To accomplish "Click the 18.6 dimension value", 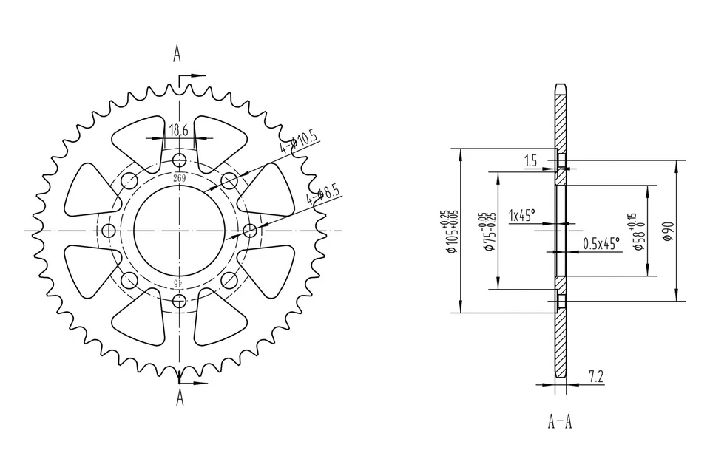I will (x=179, y=130).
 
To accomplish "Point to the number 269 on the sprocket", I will (x=179, y=178).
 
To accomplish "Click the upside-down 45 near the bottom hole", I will (x=178, y=282).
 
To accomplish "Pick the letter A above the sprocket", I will (x=177, y=54).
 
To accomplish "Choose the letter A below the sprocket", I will (x=180, y=400).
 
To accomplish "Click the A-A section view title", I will (x=560, y=422).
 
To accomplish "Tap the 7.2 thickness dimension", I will (x=596, y=377).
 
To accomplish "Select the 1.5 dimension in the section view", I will (x=530, y=160).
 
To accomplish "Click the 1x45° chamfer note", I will (x=522, y=216).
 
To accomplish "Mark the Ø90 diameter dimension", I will (x=667, y=231).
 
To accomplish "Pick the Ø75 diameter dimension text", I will (x=487, y=231).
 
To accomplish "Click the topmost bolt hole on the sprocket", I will (x=179, y=160).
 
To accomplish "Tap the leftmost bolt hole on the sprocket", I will (x=109, y=231).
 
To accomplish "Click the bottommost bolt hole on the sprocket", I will (x=179, y=300).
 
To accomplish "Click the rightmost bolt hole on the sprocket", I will (x=249, y=231).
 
